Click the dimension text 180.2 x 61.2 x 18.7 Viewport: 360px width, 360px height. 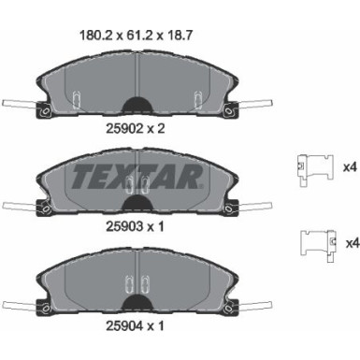coord(136,36)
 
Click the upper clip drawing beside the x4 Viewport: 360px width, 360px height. coord(315,170)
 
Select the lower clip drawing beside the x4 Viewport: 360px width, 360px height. coord(318,246)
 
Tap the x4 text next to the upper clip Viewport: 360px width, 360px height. coord(350,167)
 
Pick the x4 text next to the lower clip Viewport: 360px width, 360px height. coord(353,243)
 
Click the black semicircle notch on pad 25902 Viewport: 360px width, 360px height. coord(137,105)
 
